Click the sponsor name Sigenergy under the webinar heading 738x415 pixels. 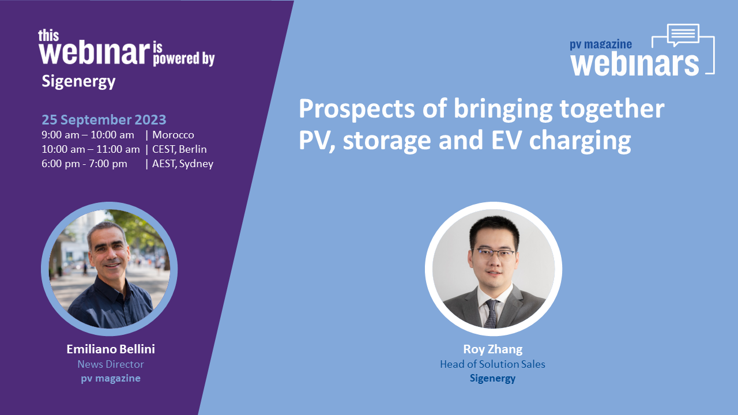point(78,81)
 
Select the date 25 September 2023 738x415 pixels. point(104,119)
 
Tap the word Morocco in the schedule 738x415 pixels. point(173,135)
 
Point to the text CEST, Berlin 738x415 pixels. point(179,149)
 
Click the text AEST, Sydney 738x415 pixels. point(183,164)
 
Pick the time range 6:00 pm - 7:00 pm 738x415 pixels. point(84,164)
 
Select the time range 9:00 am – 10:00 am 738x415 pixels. point(88,135)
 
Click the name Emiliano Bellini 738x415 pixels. point(111,349)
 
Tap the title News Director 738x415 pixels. point(111,364)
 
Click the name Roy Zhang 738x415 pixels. point(493,349)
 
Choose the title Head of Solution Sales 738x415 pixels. point(492,364)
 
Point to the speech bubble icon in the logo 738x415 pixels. point(683,34)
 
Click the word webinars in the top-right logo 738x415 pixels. point(635,64)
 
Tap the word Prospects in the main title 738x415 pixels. point(357,110)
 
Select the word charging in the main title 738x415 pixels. point(580,141)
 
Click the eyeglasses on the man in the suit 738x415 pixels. point(494,254)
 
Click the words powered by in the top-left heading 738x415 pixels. point(184,59)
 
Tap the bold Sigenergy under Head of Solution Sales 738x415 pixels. point(492,379)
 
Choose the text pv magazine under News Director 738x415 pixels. point(111,379)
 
